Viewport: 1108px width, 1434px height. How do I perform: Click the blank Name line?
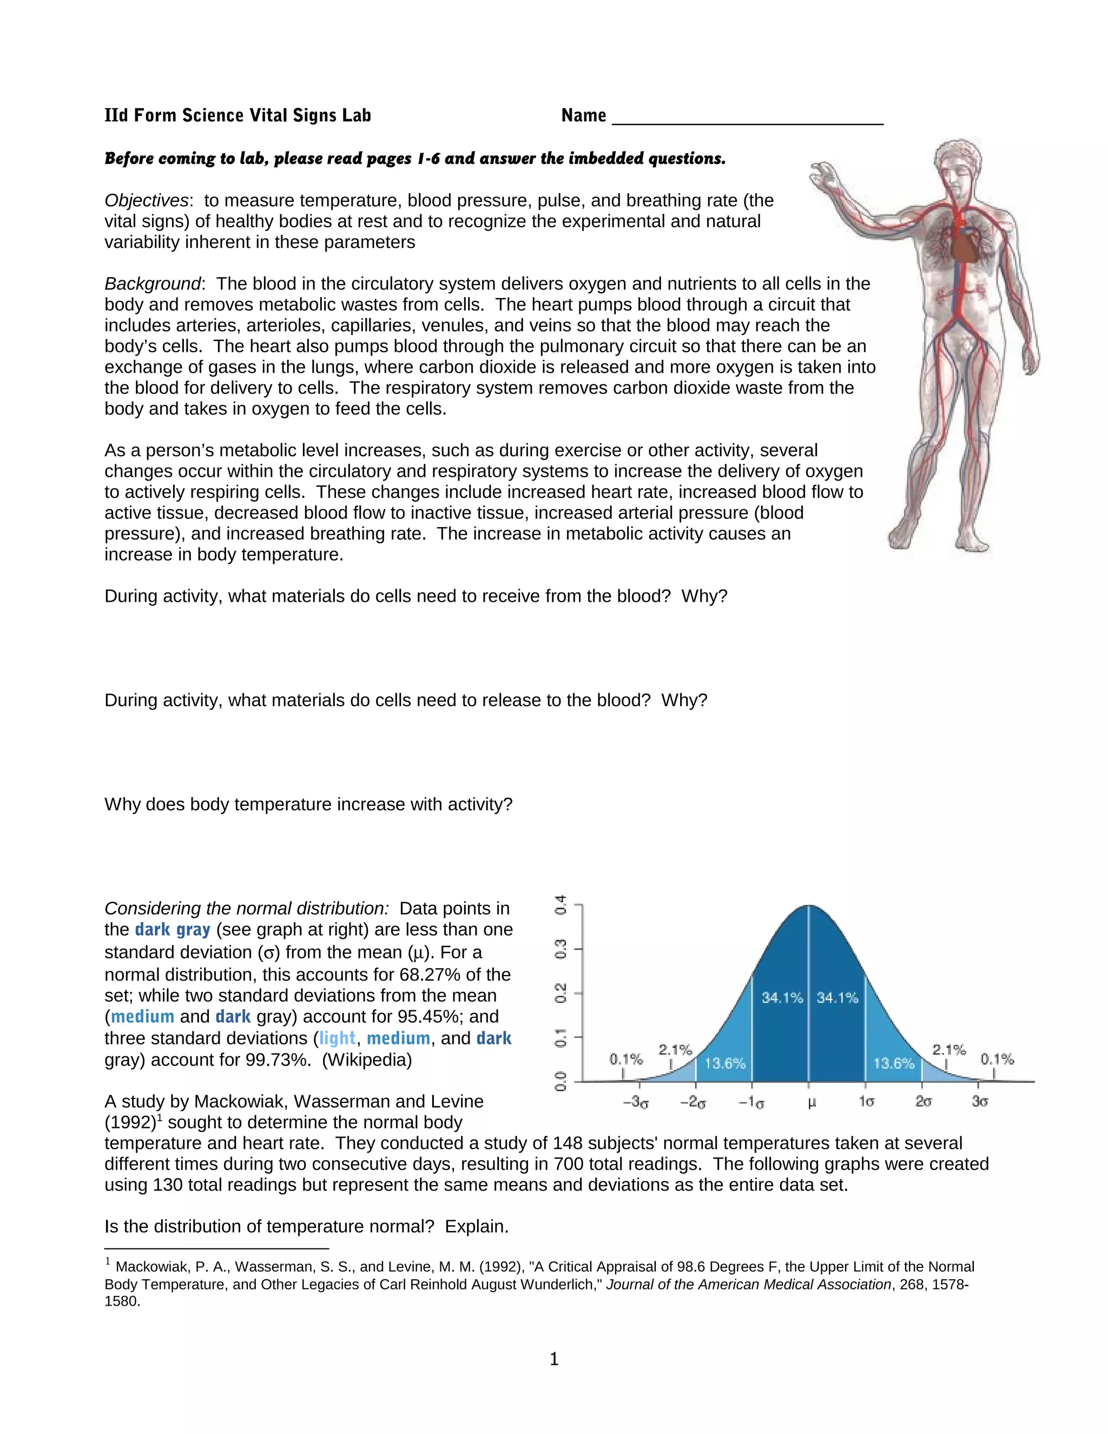[747, 118]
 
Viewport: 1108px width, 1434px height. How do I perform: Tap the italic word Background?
[152, 284]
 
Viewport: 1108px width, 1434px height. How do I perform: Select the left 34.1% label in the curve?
[782, 997]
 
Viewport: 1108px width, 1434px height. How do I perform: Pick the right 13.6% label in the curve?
[893, 1063]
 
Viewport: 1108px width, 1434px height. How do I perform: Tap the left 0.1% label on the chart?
[625, 1059]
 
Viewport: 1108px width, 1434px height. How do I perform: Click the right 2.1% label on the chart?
[948, 1050]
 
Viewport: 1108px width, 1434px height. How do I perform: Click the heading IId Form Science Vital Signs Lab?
[238, 116]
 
